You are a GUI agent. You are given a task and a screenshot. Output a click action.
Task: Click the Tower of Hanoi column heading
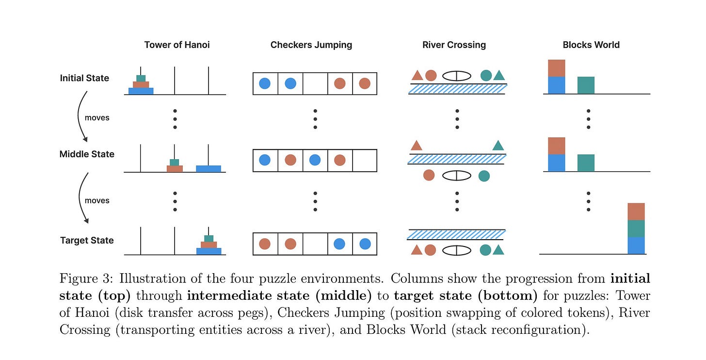(x=177, y=45)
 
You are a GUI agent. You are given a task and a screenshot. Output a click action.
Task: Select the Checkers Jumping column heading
(x=311, y=45)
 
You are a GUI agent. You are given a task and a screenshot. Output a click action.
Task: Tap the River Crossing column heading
(x=454, y=45)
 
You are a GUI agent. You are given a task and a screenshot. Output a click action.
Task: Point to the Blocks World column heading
(x=591, y=45)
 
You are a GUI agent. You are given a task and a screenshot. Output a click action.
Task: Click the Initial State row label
(x=84, y=78)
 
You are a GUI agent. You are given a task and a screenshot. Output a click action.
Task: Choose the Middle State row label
(x=87, y=154)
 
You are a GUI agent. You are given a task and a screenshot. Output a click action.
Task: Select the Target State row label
(x=87, y=240)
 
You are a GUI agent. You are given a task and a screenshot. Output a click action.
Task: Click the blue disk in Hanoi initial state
(x=141, y=91)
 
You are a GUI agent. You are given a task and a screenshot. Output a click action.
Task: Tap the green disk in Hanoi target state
(x=209, y=238)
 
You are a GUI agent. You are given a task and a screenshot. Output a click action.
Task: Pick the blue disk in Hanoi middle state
(x=209, y=168)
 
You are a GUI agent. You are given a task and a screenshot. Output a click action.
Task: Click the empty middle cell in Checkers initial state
(x=315, y=83)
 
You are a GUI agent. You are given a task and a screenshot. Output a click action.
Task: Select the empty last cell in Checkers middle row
(x=365, y=160)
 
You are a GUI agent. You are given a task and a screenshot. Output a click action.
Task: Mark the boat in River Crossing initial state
(x=457, y=76)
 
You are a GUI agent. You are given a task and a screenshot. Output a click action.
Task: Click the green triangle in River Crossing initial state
(x=499, y=75)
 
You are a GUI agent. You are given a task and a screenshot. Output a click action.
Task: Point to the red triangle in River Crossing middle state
(x=416, y=146)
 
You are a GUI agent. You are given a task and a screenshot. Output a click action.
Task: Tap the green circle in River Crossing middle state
(x=484, y=175)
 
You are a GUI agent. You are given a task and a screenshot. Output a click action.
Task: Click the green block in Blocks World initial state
(x=586, y=85)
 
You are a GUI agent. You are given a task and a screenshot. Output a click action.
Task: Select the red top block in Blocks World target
(x=636, y=212)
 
